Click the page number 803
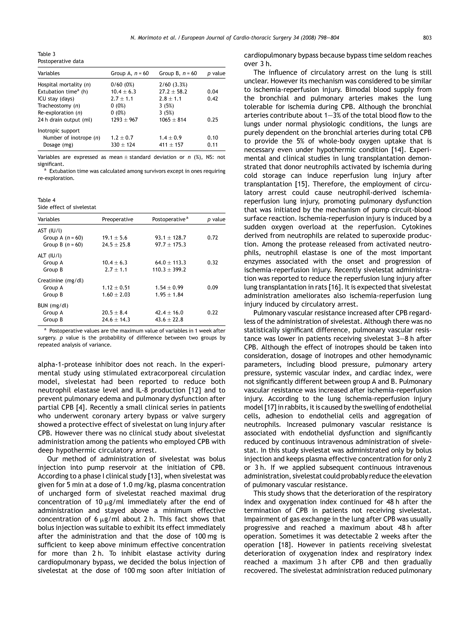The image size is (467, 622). pos(427,38)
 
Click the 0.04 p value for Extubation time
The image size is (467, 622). pos(213,92)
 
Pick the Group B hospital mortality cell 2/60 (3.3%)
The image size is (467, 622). pos(173,85)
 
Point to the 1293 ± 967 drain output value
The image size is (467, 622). pos(124,120)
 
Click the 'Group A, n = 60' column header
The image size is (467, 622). pos(130,73)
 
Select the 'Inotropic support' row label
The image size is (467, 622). pos(59,131)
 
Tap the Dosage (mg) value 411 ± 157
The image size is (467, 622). pos(171,145)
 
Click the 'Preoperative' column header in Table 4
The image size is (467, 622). pos(117,219)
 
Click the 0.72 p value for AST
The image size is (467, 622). pos(213,238)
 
